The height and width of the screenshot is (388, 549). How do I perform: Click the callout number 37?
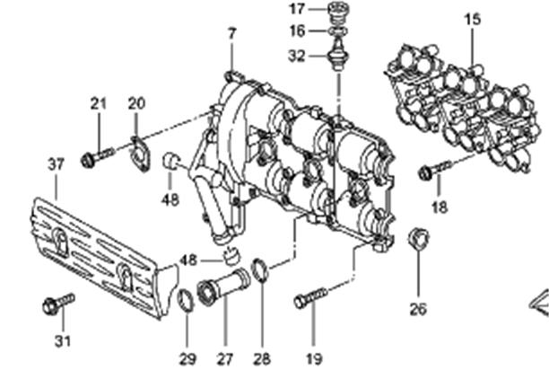56,164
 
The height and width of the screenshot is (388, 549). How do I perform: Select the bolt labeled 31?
58,304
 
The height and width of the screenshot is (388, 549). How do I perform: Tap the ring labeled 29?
186,301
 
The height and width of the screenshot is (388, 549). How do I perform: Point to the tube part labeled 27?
223,286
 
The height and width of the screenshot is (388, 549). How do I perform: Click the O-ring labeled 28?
260,269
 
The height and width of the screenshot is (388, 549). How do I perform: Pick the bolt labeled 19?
311,297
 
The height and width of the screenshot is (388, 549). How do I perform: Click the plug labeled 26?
419,239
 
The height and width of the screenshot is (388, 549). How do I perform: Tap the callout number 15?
473,19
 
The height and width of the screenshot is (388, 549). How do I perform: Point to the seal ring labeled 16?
338,31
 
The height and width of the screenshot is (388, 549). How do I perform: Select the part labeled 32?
337,55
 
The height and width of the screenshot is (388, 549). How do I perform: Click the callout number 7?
231,34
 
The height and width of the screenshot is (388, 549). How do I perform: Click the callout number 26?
418,309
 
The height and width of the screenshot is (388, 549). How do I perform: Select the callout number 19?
314,359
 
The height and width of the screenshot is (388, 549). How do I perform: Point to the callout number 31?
63,341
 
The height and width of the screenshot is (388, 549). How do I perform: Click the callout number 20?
136,103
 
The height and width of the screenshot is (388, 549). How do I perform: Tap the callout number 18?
440,207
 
